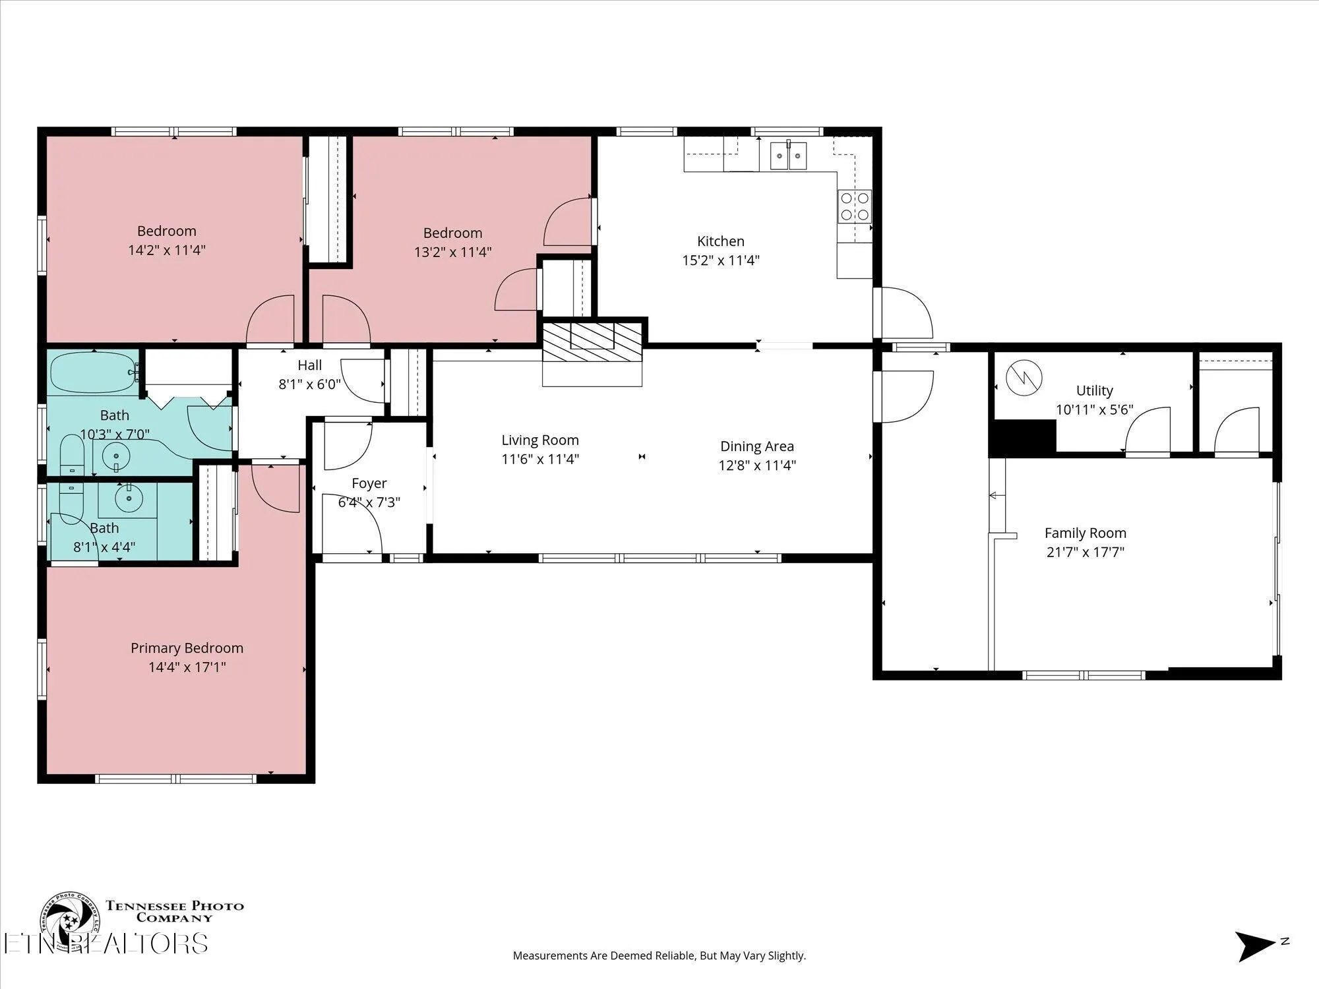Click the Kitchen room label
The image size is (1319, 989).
point(721,241)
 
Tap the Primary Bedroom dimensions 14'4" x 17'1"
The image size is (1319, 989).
point(187,667)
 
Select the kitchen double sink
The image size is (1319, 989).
point(788,156)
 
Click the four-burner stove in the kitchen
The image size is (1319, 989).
point(854,206)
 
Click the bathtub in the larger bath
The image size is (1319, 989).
point(94,373)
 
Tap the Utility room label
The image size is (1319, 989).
point(1095,390)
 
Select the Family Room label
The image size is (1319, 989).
point(1086,533)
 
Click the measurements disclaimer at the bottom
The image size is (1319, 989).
point(659,955)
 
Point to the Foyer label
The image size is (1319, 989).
point(369,483)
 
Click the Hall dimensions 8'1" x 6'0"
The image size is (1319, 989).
point(310,384)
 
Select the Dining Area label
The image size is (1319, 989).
point(757,446)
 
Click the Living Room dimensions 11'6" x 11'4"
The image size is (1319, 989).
point(540,459)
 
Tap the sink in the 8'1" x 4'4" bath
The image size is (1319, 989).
point(128,499)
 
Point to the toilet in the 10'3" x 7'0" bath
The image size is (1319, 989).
point(71,454)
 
